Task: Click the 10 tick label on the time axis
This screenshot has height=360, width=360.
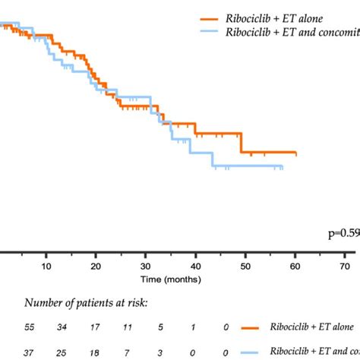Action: (x=46, y=267)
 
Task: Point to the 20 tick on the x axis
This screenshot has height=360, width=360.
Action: (x=96, y=267)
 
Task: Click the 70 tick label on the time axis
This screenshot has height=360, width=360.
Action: (x=345, y=267)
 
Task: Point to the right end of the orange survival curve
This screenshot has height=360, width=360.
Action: (x=295, y=154)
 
